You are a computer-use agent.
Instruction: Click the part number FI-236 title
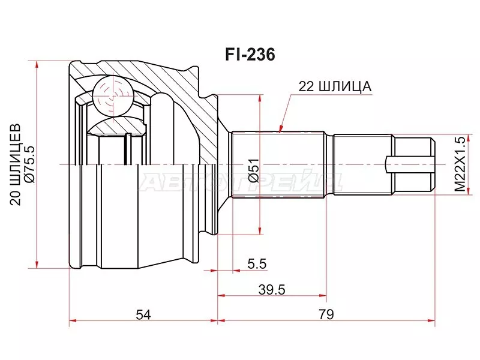[250, 55]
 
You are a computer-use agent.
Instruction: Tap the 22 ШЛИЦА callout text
[335, 86]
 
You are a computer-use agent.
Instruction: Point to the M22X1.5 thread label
[459, 164]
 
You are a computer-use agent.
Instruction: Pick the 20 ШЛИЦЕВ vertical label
[16, 164]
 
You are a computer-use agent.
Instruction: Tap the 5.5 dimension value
[256, 263]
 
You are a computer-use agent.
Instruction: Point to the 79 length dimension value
[326, 313]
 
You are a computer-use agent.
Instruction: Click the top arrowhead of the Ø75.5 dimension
[37, 64]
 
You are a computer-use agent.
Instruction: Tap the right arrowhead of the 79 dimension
[431, 321]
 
